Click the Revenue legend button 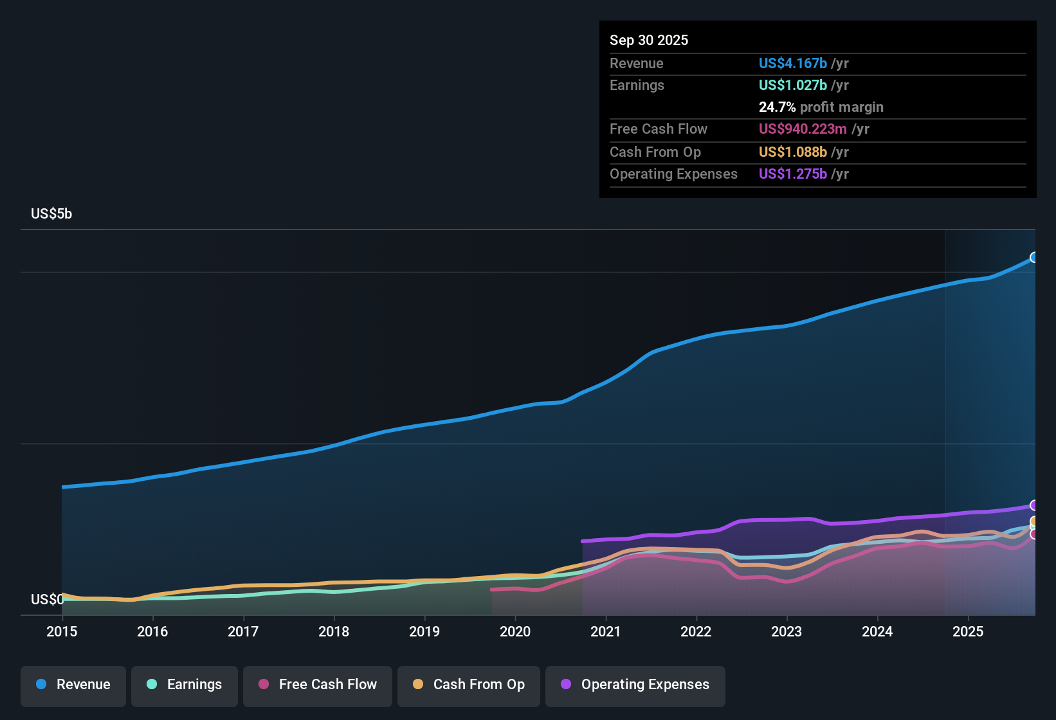[73, 685]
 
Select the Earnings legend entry [185, 685]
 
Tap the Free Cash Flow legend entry [318, 685]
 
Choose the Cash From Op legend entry [469, 685]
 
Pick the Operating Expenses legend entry [635, 685]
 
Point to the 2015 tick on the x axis [62, 631]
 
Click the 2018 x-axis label [334, 631]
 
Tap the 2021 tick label [606, 631]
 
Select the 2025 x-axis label [968, 631]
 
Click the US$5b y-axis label [51, 214]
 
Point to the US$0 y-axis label [47, 600]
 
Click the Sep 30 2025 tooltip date [649, 40]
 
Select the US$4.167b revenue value [792, 64]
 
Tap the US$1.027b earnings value [792, 85]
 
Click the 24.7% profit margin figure [777, 107]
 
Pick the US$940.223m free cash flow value [803, 129]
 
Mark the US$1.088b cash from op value [792, 152]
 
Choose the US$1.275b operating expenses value [792, 174]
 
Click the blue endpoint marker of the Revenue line [1034, 257]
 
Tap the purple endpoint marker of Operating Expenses [1034, 505]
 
